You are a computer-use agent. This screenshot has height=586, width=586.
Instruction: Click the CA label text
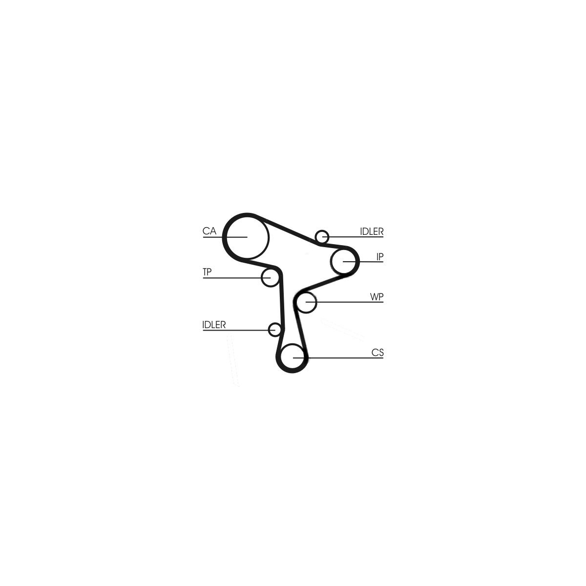click(209, 231)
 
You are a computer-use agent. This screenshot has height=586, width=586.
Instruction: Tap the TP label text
click(207, 272)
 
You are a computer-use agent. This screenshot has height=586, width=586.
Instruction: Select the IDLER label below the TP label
click(214, 325)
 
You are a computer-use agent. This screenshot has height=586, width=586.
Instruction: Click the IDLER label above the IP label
click(372, 232)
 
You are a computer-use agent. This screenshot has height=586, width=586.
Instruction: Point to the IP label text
click(380, 257)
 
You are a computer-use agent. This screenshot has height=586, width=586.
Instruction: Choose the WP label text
click(377, 297)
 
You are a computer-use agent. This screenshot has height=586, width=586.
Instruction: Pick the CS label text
click(377, 353)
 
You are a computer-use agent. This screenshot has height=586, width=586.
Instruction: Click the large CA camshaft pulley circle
click(269, 237)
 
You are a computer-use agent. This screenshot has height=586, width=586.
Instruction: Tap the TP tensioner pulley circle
click(262, 277)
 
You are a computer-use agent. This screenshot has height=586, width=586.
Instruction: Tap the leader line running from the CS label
click(338, 358)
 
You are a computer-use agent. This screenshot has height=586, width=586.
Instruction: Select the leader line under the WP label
click(345, 302)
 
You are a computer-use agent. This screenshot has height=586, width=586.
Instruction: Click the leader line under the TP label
click(236, 278)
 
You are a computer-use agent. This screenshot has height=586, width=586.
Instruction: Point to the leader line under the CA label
click(225, 237)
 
